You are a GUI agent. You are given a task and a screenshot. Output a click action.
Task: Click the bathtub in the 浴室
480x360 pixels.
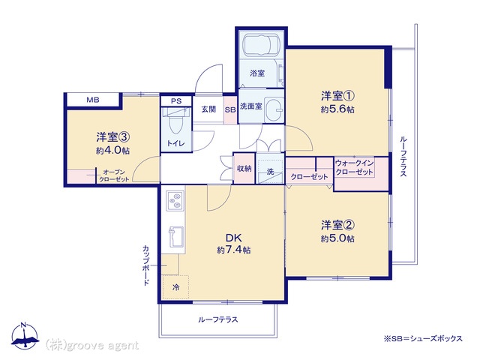261,45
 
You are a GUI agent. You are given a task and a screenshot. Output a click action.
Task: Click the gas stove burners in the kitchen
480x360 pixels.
175,200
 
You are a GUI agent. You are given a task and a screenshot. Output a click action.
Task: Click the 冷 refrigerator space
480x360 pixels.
175,287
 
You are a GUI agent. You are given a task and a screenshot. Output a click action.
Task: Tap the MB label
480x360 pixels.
93,100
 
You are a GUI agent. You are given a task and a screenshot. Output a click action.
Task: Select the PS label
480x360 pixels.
176,101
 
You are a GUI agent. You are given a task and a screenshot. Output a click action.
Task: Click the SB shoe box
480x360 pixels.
230,109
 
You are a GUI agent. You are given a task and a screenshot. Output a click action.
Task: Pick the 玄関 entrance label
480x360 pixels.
208,109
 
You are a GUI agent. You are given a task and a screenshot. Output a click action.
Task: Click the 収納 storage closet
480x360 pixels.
244,168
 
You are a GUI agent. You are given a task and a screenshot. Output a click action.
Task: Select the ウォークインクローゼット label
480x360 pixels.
354,167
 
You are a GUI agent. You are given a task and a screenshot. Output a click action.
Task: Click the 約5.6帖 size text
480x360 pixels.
337,109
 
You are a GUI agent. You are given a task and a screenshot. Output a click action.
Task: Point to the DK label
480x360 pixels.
234,238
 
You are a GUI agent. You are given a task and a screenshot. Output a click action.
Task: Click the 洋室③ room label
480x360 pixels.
113,137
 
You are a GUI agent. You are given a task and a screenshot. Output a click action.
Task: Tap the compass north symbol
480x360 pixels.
25,336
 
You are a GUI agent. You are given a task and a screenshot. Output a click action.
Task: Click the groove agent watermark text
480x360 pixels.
91,346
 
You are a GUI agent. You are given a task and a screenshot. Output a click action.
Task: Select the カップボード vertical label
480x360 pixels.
146,265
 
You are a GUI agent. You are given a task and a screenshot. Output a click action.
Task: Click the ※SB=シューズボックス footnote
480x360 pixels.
423,338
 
